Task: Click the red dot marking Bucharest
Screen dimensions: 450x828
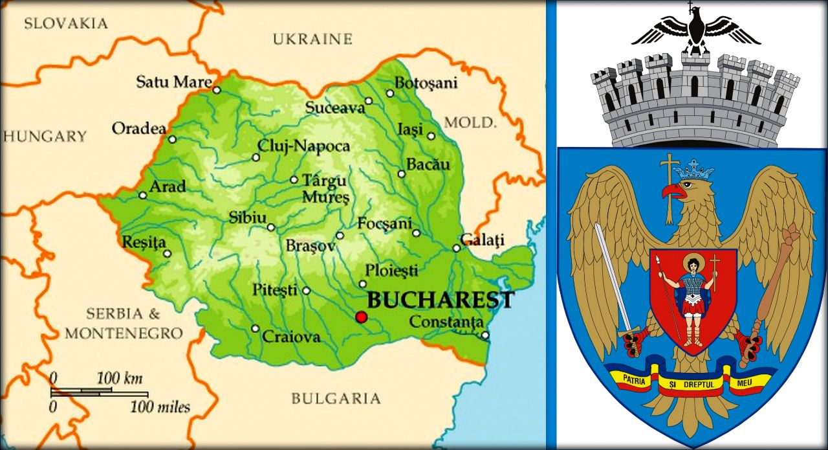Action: tap(361, 317)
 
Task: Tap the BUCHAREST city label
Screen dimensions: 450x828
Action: tap(441, 300)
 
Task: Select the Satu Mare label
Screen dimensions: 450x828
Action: tap(174, 82)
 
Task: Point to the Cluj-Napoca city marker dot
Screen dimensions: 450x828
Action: tap(256, 157)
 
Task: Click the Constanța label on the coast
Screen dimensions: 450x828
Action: tap(446, 322)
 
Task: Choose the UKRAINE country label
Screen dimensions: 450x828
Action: tap(312, 39)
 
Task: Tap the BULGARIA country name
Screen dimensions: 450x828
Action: tap(336, 398)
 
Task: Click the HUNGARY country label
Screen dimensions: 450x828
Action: tap(44, 136)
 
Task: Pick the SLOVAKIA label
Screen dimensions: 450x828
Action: tap(65, 24)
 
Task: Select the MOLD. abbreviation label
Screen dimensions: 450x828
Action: tap(470, 122)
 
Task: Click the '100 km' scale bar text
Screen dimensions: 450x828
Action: tap(120, 378)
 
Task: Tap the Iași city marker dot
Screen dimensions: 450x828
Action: tap(431, 136)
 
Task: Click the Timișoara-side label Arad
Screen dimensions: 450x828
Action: tap(167, 186)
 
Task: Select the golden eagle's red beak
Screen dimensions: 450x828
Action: tap(673, 191)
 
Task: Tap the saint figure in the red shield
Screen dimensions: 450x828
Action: tap(693, 298)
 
